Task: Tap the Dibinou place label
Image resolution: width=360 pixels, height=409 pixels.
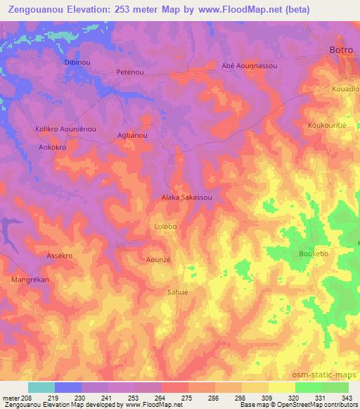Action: pos(77,63)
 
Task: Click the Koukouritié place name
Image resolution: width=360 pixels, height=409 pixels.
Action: pos(328,125)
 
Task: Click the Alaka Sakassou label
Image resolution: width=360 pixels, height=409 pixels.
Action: pos(187,198)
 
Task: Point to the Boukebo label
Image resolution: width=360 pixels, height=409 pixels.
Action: pos(314,253)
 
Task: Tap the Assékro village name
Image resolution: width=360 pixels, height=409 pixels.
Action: pos(60,256)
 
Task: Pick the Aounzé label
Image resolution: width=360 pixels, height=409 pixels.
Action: pos(158,259)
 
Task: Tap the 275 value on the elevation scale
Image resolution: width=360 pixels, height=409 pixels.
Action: pos(187,398)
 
